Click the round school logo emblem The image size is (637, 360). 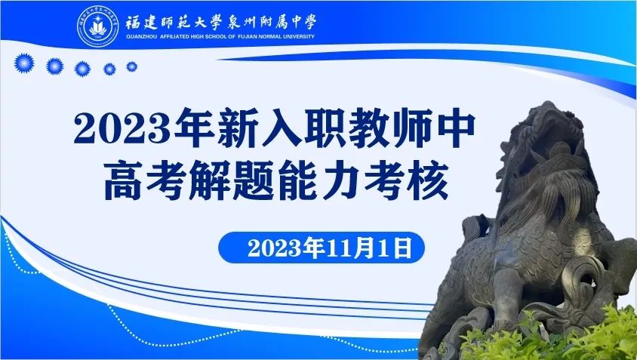(98, 26)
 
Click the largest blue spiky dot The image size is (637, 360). (24, 63)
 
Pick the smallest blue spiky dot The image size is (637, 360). (131, 66)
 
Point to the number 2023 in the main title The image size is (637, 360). (122, 128)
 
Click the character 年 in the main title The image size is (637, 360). (194, 128)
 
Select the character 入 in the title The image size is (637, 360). (281, 128)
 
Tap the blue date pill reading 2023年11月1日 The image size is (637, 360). (322, 248)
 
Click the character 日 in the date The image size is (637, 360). (403, 248)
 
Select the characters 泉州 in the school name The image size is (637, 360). (240, 23)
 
